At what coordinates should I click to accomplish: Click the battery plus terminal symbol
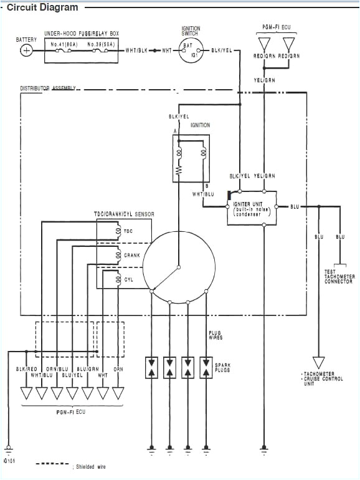click(26, 51)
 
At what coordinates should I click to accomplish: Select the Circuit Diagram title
click(42, 7)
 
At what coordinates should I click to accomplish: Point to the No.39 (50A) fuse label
click(100, 44)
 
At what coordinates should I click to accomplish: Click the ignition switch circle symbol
click(189, 50)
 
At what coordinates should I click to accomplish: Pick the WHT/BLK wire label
click(136, 50)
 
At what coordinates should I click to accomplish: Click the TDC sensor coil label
click(128, 231)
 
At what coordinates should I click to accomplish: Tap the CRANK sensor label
click(132, 255)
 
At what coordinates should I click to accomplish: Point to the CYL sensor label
click(129, 280)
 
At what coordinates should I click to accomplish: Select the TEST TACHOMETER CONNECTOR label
click(339, 276)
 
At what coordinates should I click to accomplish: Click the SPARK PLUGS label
click(222, 367)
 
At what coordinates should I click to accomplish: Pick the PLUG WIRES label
click(216, 335)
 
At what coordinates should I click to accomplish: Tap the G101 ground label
click(9, 461)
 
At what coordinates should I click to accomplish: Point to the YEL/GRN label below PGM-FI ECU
click(264, 80)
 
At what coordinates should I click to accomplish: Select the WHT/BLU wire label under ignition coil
click(203, 194)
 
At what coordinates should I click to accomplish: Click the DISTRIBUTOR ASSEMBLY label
click(48, 89)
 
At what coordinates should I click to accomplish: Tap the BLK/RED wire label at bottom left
click(26, 369)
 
